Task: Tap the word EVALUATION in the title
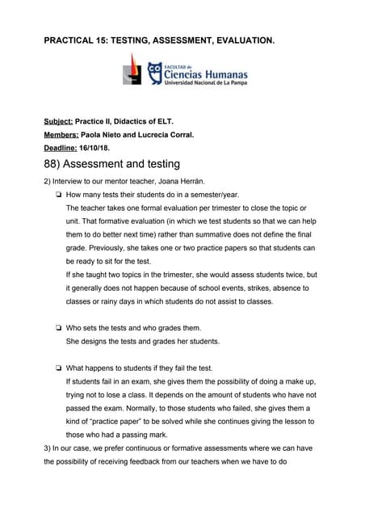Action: [x=242, y=38]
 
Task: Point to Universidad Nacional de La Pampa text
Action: [x=205, y=83]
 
